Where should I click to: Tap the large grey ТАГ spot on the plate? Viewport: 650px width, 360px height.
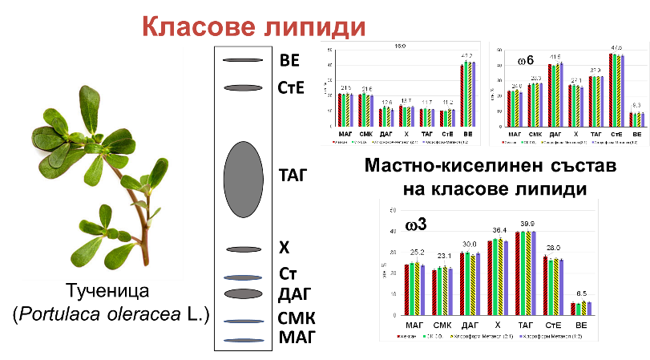click(243, 178)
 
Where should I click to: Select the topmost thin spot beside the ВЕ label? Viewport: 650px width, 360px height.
click(237, 60)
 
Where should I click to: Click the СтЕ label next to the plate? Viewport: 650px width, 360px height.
click(293, 87)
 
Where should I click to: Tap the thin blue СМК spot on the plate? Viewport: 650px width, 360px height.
click(243, 322)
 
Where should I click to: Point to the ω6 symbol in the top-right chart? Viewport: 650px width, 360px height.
click(526, 59)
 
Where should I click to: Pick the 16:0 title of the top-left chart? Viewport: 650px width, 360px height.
click(400, 47)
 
